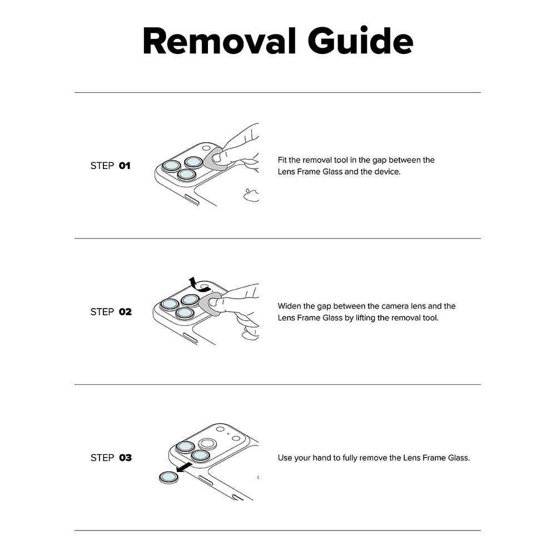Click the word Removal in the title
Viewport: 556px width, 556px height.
(219, 41)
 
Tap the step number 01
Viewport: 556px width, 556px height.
(125, 166)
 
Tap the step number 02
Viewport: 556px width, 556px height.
(125, 312)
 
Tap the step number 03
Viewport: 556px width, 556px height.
(125, 458)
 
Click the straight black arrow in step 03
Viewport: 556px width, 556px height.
(184, 468)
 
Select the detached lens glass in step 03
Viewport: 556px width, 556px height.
(169, 478)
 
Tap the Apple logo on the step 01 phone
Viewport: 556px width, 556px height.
(251, 195)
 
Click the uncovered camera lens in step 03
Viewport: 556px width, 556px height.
(207, 444)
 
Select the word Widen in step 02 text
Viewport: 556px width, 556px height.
(289, 306)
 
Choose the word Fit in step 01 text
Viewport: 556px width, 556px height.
(282, 160)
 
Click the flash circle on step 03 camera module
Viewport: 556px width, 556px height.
(220, 429)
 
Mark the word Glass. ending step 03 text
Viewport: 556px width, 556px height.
(459, 458)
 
